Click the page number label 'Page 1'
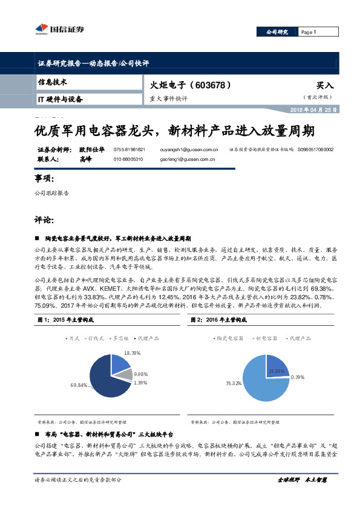click(309, 33)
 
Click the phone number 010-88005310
click(128, 159)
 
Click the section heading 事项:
click(44, 180)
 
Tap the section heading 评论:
click(44, 220)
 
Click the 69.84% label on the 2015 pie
click(79, 385)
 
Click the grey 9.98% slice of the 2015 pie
click(122, 375)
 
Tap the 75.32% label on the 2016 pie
click(234, 383)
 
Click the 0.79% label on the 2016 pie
click(298, 377)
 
